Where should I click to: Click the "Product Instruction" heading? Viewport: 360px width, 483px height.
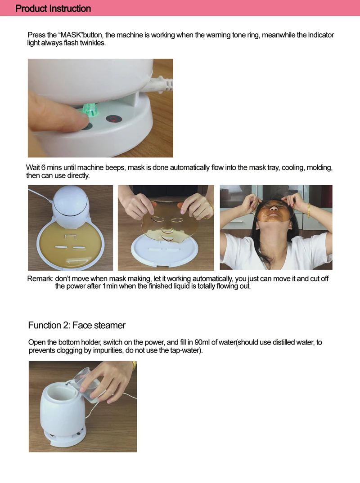pos(53,8)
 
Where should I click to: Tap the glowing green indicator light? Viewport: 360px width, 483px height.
pos(90,109)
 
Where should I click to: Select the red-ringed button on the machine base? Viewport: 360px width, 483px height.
pos(114,119)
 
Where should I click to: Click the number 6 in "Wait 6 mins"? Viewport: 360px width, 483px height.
pos(43,168)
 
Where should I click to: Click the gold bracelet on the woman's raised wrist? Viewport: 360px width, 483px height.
pos(308,210)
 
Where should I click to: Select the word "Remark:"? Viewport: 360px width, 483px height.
pos(40,278)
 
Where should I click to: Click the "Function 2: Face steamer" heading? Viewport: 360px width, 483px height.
pos(77,325)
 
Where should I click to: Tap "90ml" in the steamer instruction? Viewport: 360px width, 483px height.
pos(202,342)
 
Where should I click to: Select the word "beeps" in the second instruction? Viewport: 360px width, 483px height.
pos(116,168)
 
